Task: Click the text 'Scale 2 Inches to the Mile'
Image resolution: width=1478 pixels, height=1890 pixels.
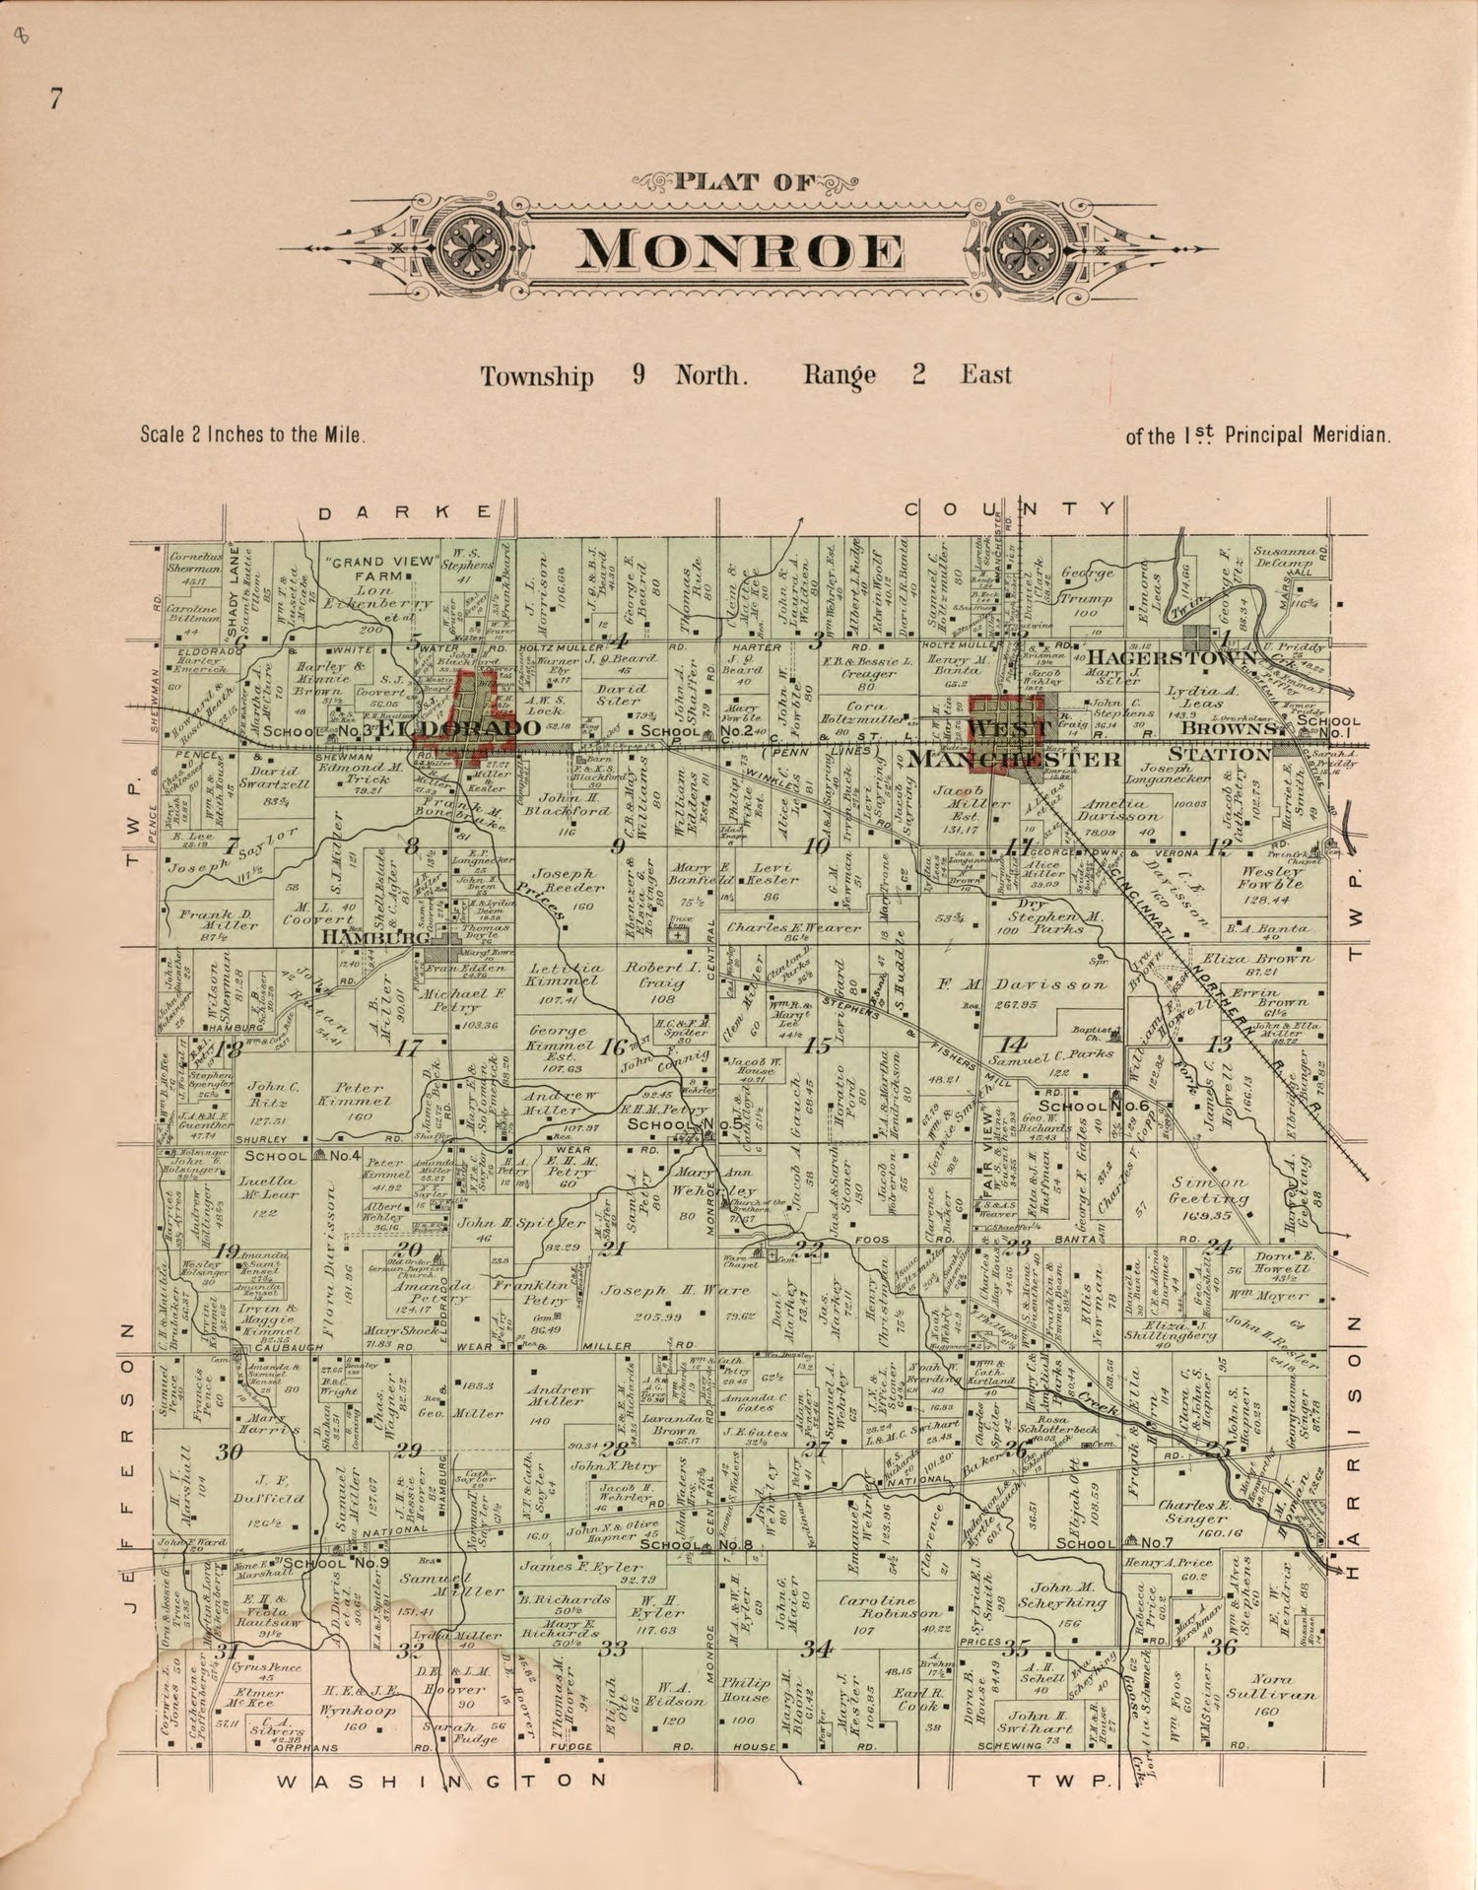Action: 253,434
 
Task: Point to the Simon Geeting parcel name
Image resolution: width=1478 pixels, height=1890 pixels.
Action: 1209,1190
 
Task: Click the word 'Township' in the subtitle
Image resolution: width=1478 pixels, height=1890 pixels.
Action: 536,376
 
